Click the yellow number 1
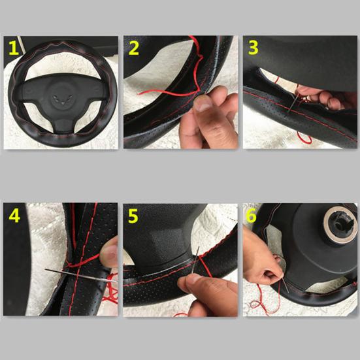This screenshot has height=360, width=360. [13, 48]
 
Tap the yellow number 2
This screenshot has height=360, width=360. [134, 48]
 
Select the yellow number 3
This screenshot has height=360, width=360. [254, 48]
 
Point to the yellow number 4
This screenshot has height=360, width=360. [14, 216]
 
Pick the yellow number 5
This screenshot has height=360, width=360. [133, 216]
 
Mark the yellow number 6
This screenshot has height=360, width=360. [251, 216]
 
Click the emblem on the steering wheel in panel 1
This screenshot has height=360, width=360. [63, 99]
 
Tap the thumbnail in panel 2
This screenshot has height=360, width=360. [203, 103]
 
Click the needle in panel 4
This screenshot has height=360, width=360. [81, 275]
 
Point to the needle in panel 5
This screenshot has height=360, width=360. [195, 259]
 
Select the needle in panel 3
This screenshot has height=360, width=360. [293, 103]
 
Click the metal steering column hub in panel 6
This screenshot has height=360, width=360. [340, 225]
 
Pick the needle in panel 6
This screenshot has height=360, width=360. [286, 285]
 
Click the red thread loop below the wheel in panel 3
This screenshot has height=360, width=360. [304, 138]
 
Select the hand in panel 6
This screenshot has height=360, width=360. [262, 257]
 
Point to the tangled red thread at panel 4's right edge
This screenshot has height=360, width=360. [110, 288]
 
